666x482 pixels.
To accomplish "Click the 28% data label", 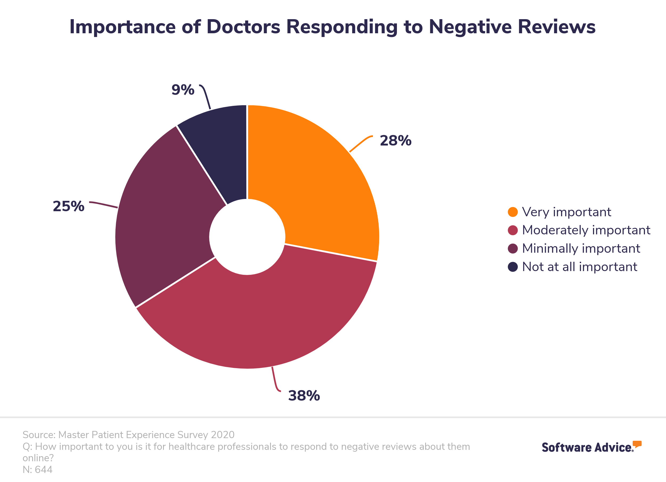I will coord(396,141).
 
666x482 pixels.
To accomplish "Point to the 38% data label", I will coord(304,396).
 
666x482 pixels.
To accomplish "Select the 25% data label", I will coord(68,206).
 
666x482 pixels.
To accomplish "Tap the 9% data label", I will coord(183,90).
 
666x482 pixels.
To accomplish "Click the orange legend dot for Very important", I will coord(513,212).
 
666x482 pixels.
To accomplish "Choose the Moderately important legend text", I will coord(586,230).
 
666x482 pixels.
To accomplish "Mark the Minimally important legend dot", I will coord(513,249).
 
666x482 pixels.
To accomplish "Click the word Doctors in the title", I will coord(243,27).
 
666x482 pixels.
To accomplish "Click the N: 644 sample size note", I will coord(38,470).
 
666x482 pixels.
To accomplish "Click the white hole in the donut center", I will coord(247,237).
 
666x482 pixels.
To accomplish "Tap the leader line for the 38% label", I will coord(275,380).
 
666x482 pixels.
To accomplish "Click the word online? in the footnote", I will coord(38,458).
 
